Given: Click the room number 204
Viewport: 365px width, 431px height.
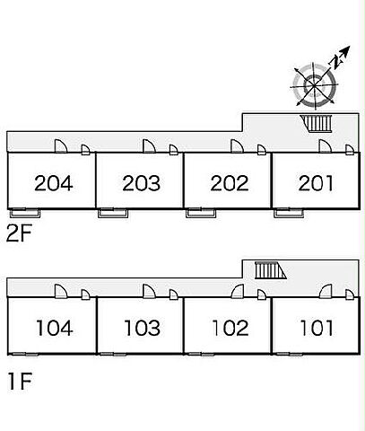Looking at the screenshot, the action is pos(54,183).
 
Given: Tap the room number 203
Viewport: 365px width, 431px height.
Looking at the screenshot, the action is pos(141,183).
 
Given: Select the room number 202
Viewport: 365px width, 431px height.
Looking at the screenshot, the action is pos(230,183).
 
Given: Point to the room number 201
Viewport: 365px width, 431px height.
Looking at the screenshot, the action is pos(316,183).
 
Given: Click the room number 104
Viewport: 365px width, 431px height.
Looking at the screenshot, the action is pos(55,328).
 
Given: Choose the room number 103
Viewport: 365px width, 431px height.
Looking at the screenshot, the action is pos(143,328).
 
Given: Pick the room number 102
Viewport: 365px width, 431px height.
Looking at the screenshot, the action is pos(230,328).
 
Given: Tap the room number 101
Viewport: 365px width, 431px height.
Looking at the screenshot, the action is pos(317,328).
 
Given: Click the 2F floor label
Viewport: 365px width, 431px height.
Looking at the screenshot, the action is pos(19,233).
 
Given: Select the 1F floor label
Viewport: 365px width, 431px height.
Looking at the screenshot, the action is pos(20,381).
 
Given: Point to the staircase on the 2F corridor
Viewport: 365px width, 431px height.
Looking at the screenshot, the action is pos(317,123).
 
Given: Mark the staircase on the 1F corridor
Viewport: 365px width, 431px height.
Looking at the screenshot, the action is pos(270,270).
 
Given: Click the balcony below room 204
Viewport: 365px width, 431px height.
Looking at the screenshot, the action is pos(25,213).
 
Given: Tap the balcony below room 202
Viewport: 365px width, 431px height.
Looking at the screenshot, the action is pos(201,213).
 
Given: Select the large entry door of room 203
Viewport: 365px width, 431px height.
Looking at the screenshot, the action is pos(149,146).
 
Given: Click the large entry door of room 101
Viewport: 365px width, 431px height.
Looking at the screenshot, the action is pos(326,292).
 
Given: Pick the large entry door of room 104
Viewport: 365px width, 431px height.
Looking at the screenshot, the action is pos(61,291).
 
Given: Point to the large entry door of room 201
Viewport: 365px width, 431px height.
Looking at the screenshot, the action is pos(325,146).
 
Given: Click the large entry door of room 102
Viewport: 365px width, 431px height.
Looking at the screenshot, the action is pos(238,292).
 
